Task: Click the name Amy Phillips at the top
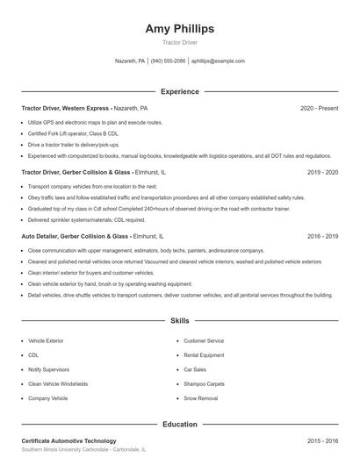tap(180, 29)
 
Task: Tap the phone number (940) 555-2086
tap(168, 61)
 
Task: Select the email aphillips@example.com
tap(218, 61)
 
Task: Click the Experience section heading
tap(180, 91)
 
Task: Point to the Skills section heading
tap(180, 321)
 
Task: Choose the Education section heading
tap(180, 425)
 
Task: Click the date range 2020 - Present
tap(319, 108)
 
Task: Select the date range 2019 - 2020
tap(322, 173)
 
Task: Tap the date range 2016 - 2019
tap(322, 237)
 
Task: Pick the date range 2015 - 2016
tap(322, 441)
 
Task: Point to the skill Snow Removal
tap(200, 398)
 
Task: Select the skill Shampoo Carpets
tap(204, 383)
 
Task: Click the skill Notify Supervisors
tap(49, 369)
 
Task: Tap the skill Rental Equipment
tap(204, 354)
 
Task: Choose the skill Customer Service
tap(204, 340)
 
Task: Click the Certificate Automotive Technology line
tap(68, 441)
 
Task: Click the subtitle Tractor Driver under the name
tap(180, 43)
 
